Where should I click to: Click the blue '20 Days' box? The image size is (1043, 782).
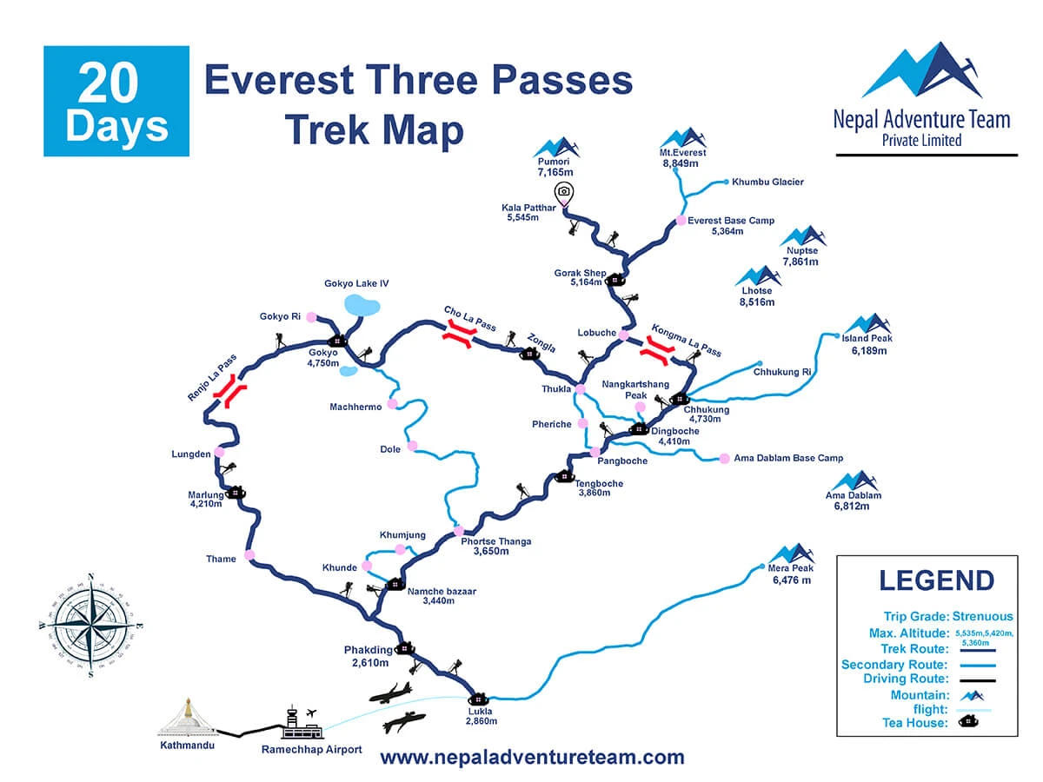coord(116,101)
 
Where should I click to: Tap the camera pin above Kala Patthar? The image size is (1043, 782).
coord(564,192)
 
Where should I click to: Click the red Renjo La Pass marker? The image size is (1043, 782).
coord(231,391)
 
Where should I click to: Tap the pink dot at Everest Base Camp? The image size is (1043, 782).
coord(681,221)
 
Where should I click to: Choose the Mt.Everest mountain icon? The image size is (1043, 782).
coord(682,138)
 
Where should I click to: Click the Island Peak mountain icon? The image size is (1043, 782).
coord(867,324)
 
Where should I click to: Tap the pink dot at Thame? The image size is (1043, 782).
coord(250,554)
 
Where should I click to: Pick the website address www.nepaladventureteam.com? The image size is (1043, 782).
coord(532,757)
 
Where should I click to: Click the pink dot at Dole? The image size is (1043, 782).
coord(412,446)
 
